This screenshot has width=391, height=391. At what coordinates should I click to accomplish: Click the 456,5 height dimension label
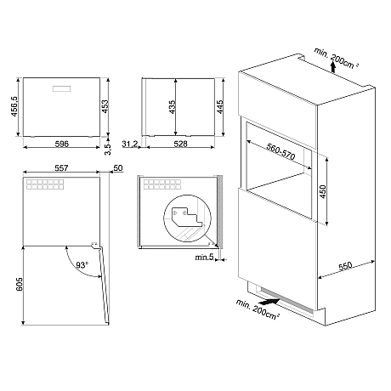click(14, 106)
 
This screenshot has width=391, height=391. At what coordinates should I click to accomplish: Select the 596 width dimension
click(61, 144)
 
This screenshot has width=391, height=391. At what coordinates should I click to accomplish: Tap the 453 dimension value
click(105, 106)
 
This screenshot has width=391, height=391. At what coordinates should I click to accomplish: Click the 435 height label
click(172, 107)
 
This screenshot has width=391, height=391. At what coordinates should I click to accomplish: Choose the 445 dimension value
click(219, 107)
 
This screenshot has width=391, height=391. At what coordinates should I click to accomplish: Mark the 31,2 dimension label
click(130, 144)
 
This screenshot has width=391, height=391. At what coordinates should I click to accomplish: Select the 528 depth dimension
click(180, 144)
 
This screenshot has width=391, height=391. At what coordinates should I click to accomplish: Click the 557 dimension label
click(61, 168)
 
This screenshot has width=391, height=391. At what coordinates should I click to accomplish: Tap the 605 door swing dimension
click(20, 284)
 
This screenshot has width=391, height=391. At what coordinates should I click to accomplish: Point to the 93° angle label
click(82, 265)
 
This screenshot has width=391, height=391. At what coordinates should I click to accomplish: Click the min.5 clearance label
click(204, 258)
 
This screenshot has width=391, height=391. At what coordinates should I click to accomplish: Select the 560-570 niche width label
click(280, 151)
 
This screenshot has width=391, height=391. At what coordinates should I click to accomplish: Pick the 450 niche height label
click(322, 192)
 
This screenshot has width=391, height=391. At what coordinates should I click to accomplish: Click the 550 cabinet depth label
click(345, 266)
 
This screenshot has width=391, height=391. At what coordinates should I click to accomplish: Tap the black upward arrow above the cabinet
click(333, 68)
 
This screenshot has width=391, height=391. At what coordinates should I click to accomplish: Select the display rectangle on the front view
click(61, 88)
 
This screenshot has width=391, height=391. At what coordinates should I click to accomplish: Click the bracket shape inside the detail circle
click(188, 217)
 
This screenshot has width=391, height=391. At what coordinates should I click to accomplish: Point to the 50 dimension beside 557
click(118, 168)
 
